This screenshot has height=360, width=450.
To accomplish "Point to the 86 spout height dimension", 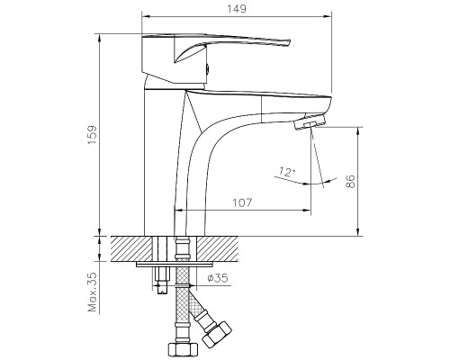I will click(350, 182).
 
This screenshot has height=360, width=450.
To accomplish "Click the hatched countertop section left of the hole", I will click(130, 247).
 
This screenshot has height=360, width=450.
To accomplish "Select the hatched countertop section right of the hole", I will click(225, 247).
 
